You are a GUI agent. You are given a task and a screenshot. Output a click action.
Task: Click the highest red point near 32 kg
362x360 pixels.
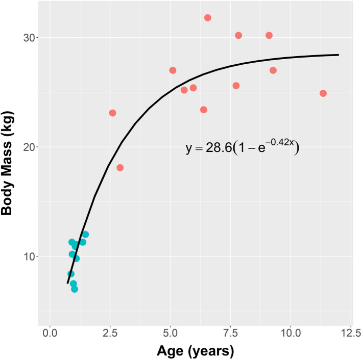pyautogui.click(x=208, y=18)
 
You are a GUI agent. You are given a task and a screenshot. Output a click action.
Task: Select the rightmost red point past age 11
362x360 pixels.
pyautogui.click(x=323, y=93)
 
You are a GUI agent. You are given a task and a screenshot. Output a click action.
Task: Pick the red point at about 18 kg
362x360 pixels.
pyautogui.click(x=120, y=168)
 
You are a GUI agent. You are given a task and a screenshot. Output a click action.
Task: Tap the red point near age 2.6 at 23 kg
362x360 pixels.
pyautogui.click(x=112, y=113)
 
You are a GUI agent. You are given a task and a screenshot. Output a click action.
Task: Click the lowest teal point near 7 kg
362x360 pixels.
pyautogui.click(x=75, y=289)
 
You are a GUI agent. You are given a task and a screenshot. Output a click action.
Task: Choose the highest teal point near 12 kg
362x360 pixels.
pyautogui.click(x=85, y=235)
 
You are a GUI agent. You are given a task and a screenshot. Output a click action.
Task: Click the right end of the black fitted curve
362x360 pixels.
pyautogui.click(x=338, y=55)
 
